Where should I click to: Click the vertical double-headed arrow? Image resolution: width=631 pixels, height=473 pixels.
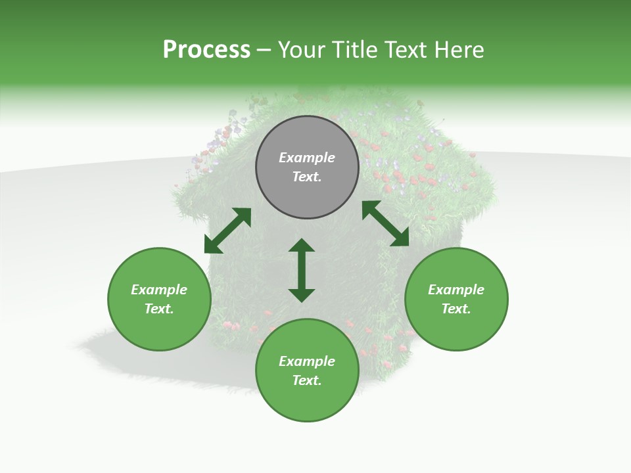click(x=302, y=270)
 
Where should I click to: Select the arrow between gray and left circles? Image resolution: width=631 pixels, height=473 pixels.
click(x=227, y=231)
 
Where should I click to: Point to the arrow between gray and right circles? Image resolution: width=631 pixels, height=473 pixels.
click(x=385, y=223)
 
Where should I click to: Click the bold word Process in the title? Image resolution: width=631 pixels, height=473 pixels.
click(x=206, y=50)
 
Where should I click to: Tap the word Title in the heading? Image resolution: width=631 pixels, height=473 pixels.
click(x=353, y=50)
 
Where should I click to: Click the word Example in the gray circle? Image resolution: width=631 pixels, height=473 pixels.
click(x=307, y=158)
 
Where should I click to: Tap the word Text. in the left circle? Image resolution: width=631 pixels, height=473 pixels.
click(x=159, y=309)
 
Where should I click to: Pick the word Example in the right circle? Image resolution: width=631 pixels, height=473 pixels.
click(x=456, y=290)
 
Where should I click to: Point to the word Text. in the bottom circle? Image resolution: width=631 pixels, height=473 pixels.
click(x=307, y=380)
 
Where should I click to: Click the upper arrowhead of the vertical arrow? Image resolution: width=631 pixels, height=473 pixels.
click(x=302, y=246)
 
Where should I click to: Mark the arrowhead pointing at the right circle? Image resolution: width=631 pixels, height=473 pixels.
click(x=400, y=238)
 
